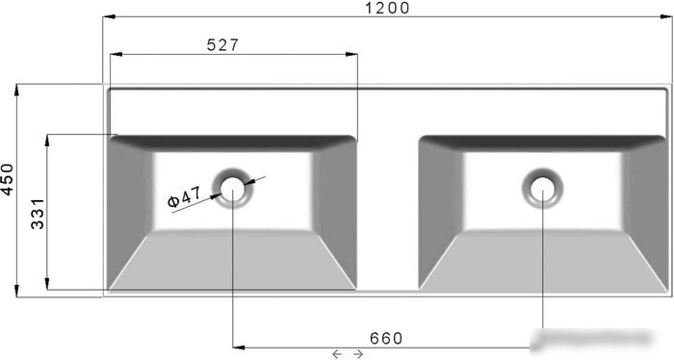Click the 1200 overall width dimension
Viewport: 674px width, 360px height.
(x=387, y=8)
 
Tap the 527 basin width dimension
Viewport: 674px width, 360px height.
(x=222, y=44)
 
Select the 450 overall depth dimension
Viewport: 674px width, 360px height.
(x=8, y=179)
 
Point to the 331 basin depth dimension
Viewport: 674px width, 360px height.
(x=38, y=214)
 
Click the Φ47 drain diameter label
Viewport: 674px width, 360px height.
(x=184, y=196)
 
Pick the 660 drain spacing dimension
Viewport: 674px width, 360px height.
(x=386, y=339)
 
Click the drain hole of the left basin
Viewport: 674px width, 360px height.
(x=233, y=189)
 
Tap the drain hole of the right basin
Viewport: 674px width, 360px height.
(x=542, y=189)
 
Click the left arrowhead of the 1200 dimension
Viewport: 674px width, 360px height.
(x=109, y=16)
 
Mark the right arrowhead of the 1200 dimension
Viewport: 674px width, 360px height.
(x=666, y=16)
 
